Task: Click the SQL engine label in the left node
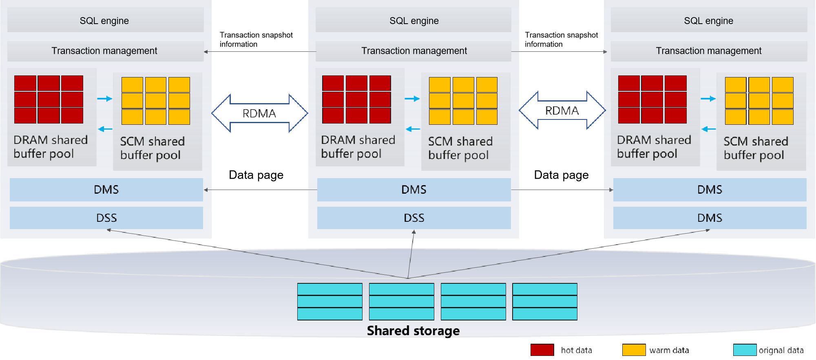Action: (104, 21)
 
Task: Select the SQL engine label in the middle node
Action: (414, 21)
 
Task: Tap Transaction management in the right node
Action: (708, 51)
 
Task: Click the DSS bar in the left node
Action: (106, 218)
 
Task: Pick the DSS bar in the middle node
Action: (414, 218)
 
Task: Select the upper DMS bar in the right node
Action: (710, 190)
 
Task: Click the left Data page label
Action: (256, 175)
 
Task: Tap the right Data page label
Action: (561, 175)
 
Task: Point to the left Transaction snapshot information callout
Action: (256, 40)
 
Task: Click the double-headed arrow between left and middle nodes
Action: (260, 113)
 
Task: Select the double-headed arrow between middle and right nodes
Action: (562, 110)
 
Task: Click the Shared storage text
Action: (413, 331)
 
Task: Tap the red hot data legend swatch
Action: (542, 350)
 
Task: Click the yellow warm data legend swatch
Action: (634, 350)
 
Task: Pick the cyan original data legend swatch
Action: (745, 350)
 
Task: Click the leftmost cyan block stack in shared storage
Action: (330, 302)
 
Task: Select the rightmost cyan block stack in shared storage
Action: (545, 302)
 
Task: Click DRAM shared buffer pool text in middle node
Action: (358, 147)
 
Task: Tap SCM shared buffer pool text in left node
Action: (152, 148)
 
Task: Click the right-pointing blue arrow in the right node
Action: (708, 99)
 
